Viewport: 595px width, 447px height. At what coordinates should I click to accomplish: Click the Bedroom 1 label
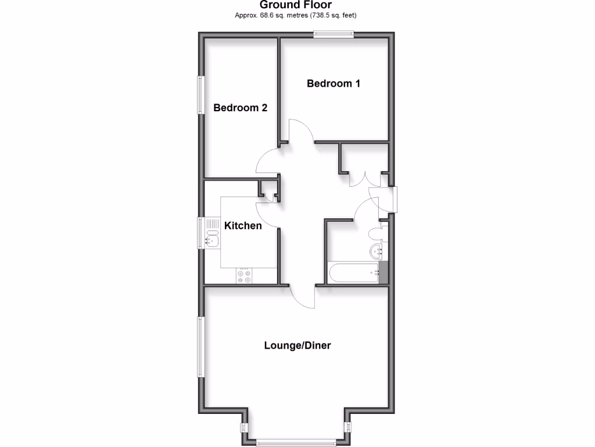click(334, 83)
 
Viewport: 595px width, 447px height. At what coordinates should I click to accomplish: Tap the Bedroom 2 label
click(240, 108)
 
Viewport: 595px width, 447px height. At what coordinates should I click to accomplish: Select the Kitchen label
click(243, 225)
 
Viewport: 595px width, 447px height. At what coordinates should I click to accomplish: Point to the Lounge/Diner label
click(297, 345)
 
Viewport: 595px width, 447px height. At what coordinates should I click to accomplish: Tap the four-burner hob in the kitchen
click(244, 276)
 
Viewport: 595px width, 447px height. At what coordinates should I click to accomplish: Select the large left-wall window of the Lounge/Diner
click(200, 347)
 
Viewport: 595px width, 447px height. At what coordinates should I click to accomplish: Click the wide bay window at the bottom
click(296, 441)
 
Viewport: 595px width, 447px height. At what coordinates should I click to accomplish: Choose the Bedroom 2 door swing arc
click(267, 161)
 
